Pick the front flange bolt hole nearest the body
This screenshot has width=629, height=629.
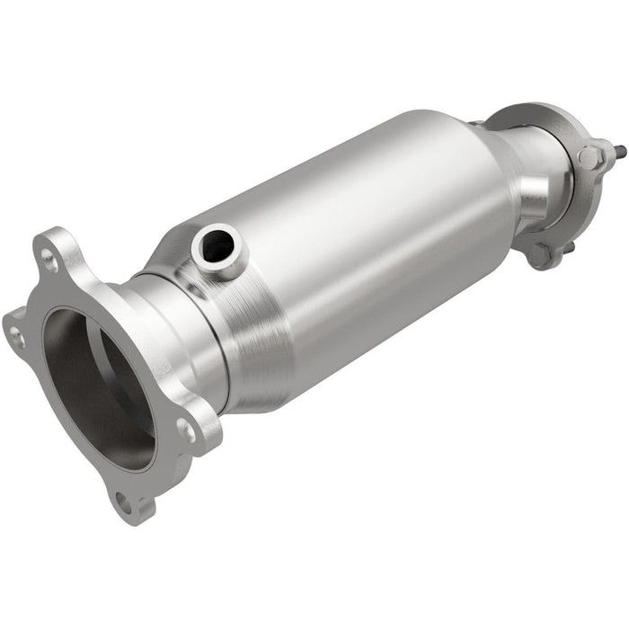(x=186, y=430)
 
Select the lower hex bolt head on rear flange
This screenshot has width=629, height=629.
(x=539, y=254)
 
